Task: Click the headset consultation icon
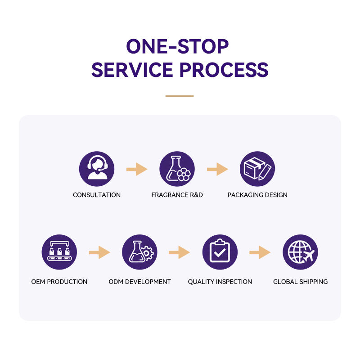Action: click(x=97, y=169)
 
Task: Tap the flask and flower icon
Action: click(x=177, y=169)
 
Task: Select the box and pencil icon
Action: click(x=257, y=169)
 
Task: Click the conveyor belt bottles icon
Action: click(x=59, y=252)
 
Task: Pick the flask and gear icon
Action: click(x=139, y=252)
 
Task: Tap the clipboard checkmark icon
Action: click(x=220, y=252)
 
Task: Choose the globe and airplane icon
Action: click(x=300, y=252)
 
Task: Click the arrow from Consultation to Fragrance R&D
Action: click(x=137, y=169)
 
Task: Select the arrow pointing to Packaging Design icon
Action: click(x=217, y=169)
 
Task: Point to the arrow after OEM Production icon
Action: click(x=99, y=252)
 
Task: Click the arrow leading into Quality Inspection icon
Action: click(x=179, y=252)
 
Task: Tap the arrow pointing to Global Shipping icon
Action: click(x=260, y=252)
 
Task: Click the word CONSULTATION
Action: click(x=97, y=195)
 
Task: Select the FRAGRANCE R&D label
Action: click(x=177, y=195)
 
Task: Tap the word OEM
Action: click(x=38, y=282)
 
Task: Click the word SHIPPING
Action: click(x=314, y=282)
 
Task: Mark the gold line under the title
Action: click(x=180, y=96)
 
